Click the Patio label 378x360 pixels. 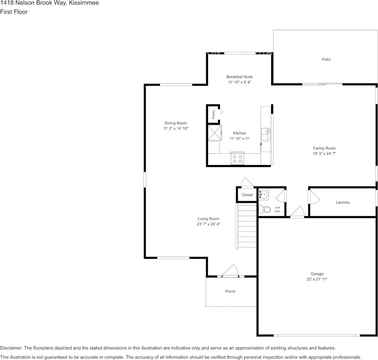coord(326,59)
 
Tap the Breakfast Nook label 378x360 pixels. coord(239,77)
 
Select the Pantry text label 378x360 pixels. coord(214,113)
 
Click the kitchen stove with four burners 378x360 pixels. coord(238,159)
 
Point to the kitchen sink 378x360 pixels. coord(266,134)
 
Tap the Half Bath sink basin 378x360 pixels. coord(263,195)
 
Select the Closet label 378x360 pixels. coord(247,195)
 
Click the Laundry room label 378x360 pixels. coord(342,202)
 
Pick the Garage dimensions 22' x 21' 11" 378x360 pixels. coord(317,279)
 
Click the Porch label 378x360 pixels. coord(230,292)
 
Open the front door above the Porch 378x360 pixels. coord(230,271)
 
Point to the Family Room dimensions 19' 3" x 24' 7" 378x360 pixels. coord(324,154)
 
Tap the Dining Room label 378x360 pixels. coord(175,123)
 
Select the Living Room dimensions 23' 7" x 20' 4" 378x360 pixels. coord(208,224)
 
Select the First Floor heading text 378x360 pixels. coord(14,12)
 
